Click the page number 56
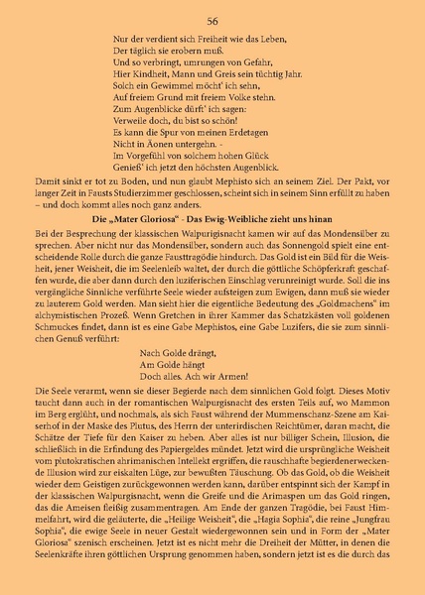click(212, 21)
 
